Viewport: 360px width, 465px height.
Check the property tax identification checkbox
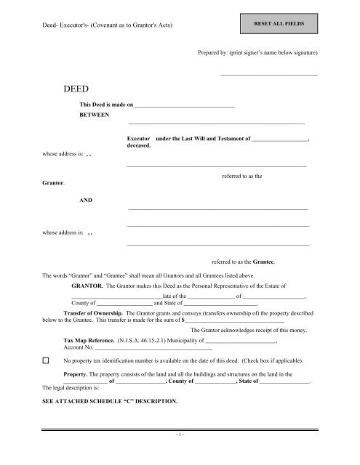pos(45,360)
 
